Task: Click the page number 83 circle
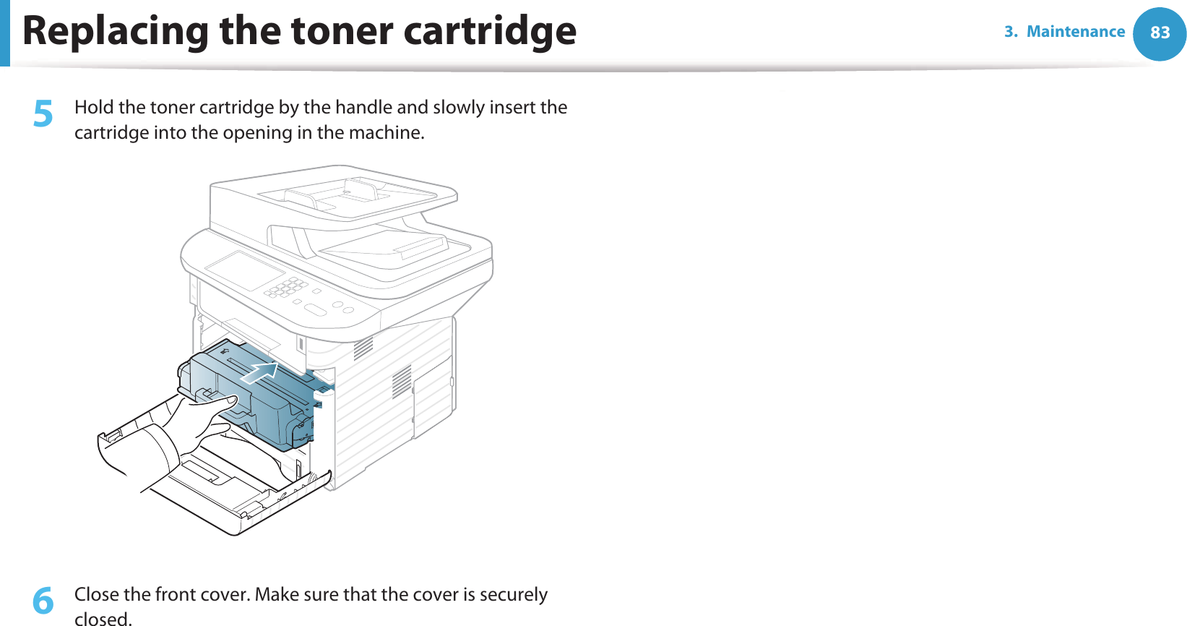pos(1160,33)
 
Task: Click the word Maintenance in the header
pos(1076,32)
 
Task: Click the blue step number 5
pos(43,114)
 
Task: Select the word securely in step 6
pos(514,594)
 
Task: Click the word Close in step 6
pos(97,594)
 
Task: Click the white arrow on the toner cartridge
pos(261,373)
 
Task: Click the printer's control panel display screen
pos(245,270)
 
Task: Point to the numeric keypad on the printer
pos(287,287)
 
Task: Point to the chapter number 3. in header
pos(1011,32)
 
